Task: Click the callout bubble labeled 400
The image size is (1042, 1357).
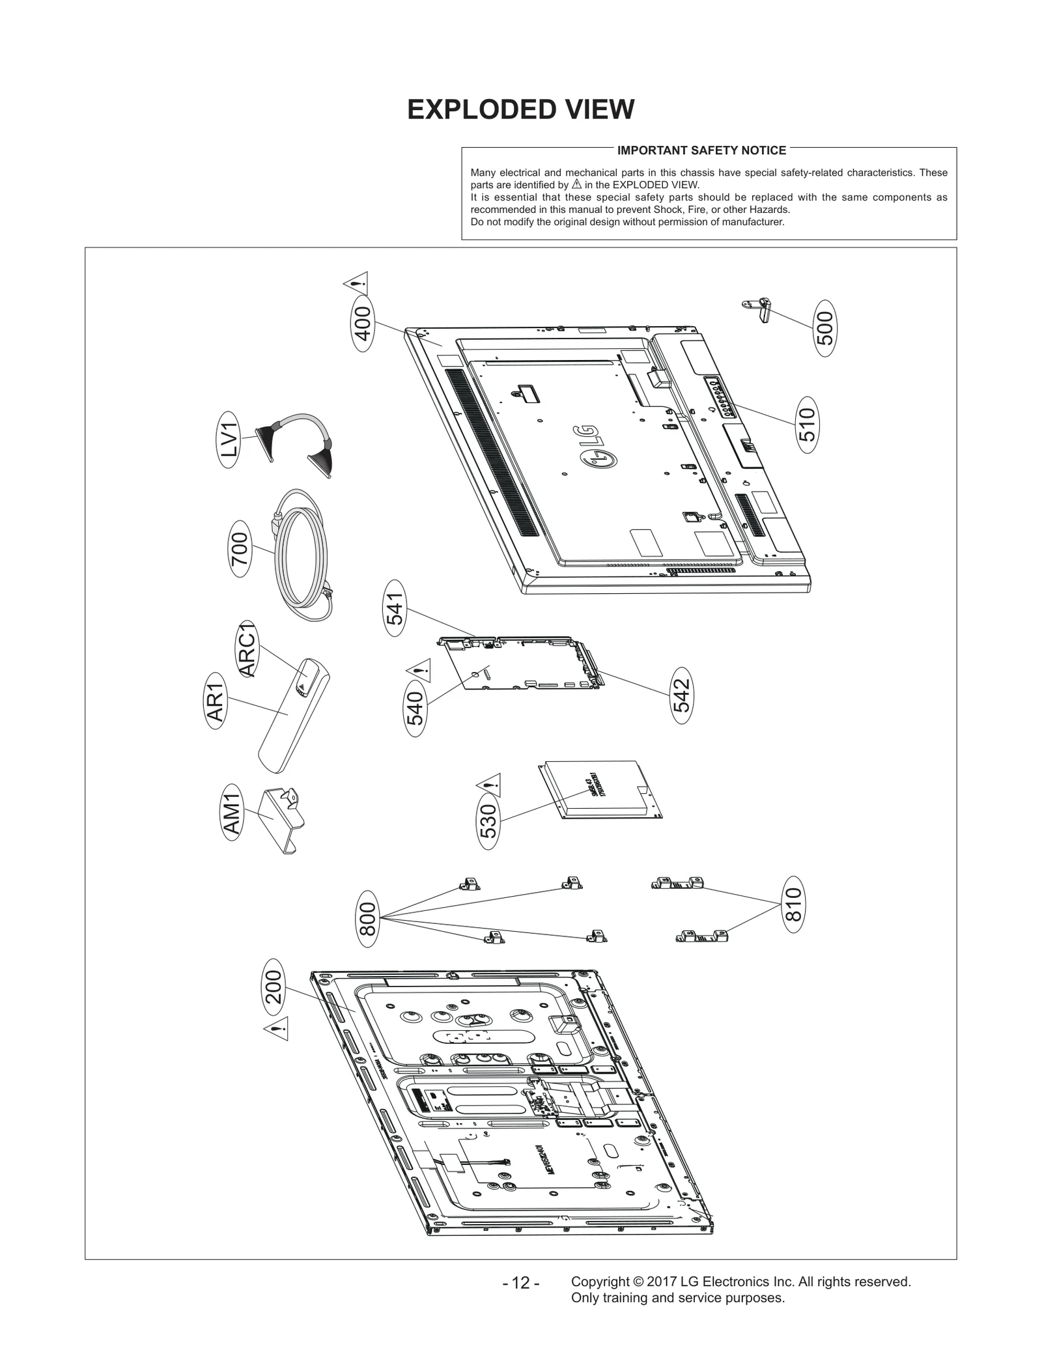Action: (362, 324)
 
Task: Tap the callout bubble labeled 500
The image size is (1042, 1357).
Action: (825, 328)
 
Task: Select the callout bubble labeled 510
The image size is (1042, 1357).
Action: (807, 425)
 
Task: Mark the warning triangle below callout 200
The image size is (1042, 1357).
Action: (276, 1030)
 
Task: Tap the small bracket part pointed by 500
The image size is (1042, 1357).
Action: (759, 309)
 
